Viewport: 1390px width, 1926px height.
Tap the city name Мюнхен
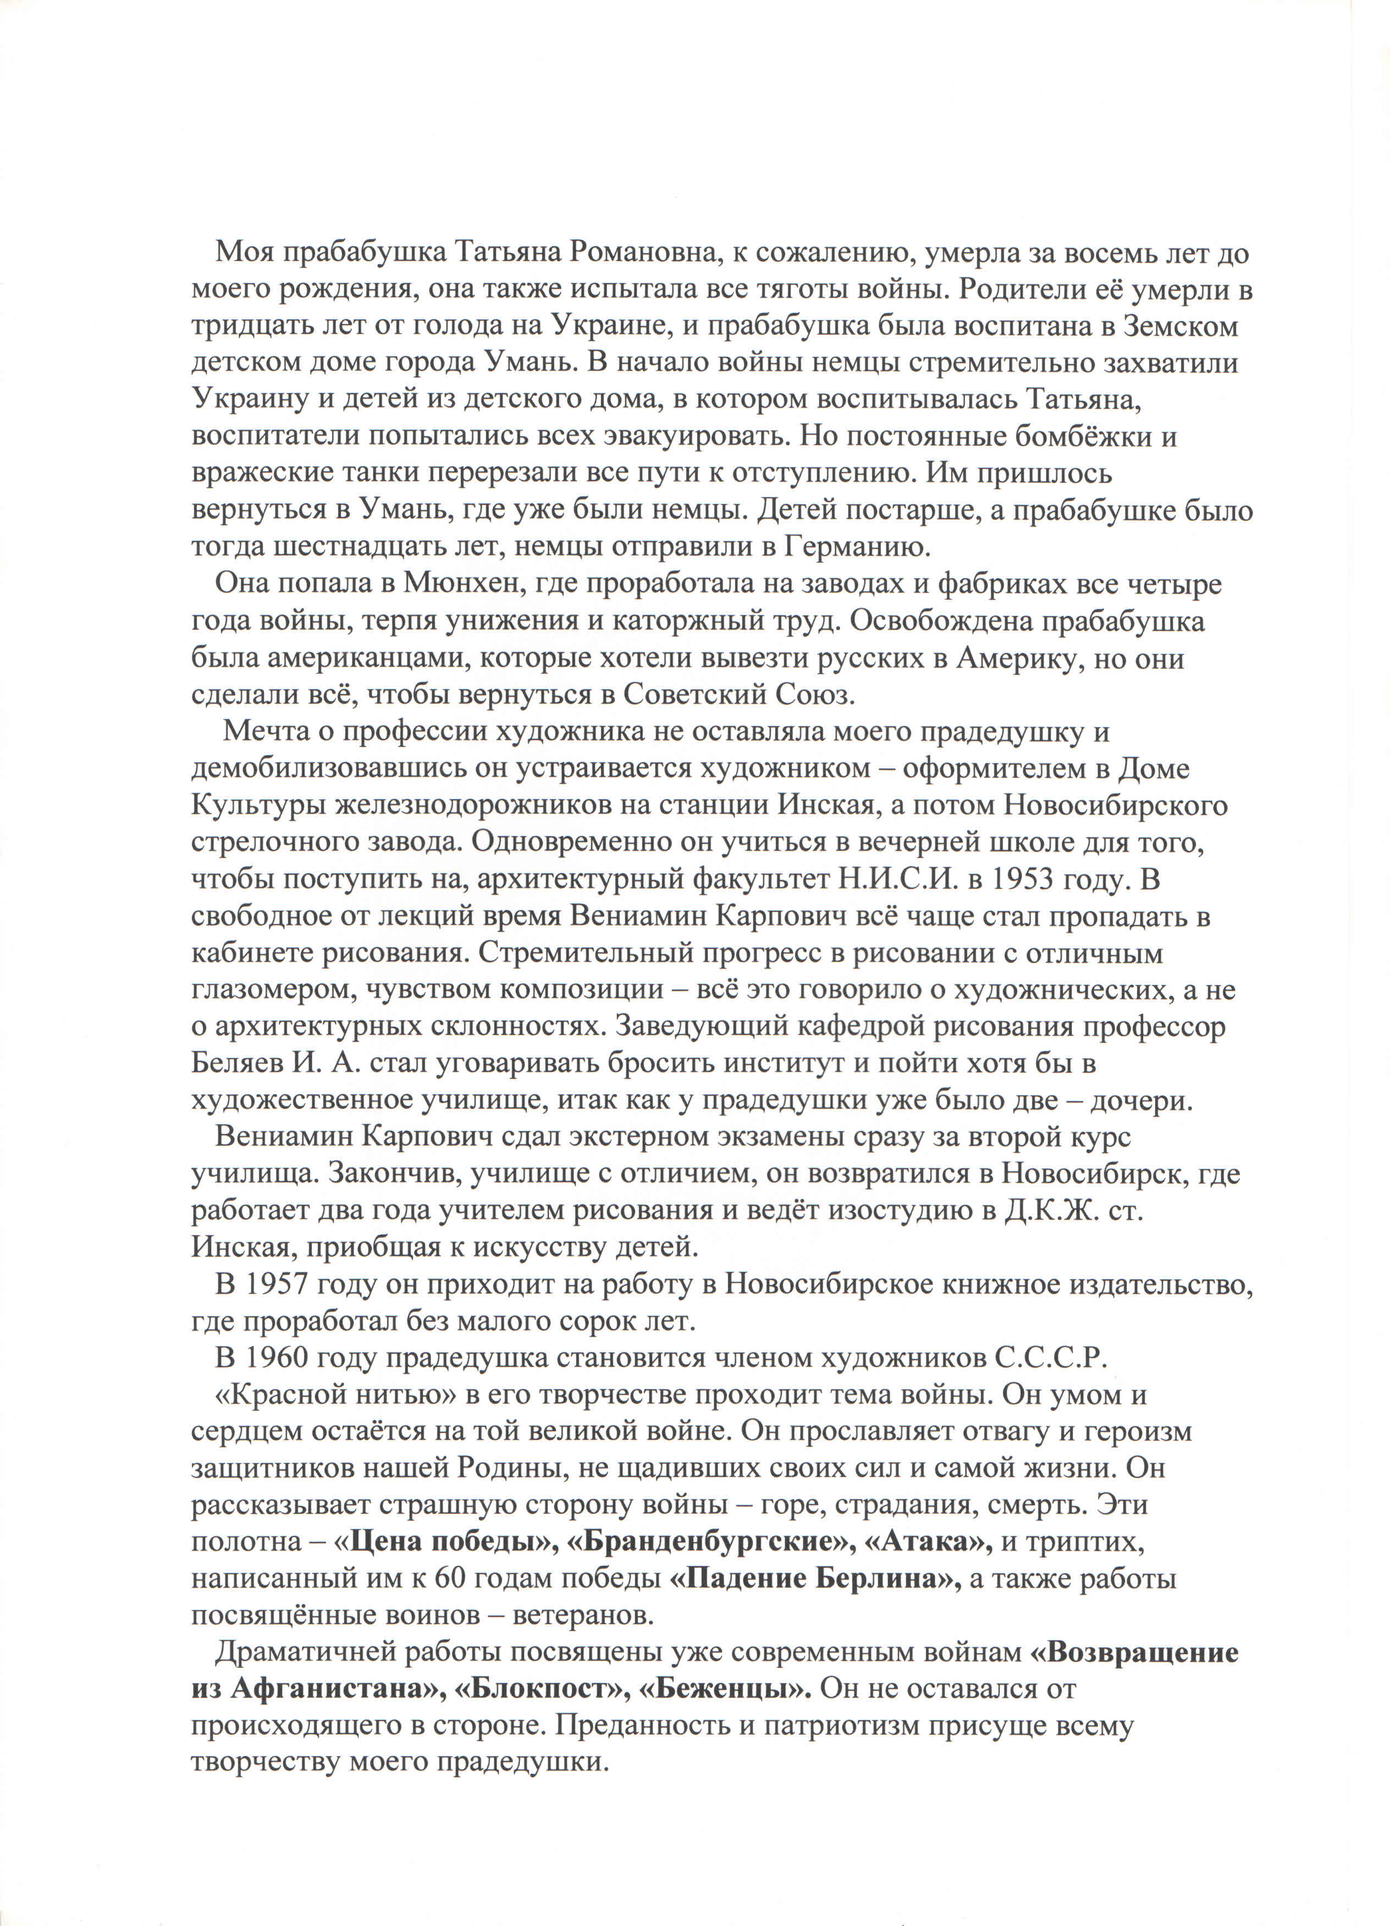coord(456,584)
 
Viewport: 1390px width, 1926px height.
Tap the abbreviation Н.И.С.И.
coord(899,880)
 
